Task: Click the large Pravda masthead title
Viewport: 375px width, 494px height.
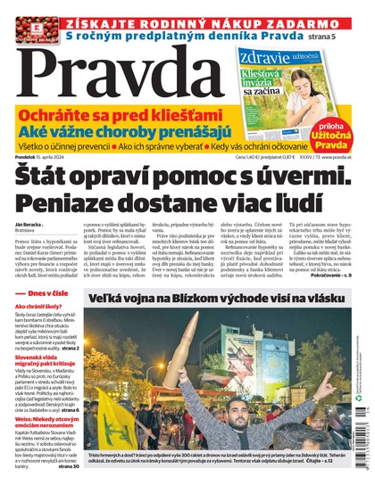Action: [116, 73]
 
